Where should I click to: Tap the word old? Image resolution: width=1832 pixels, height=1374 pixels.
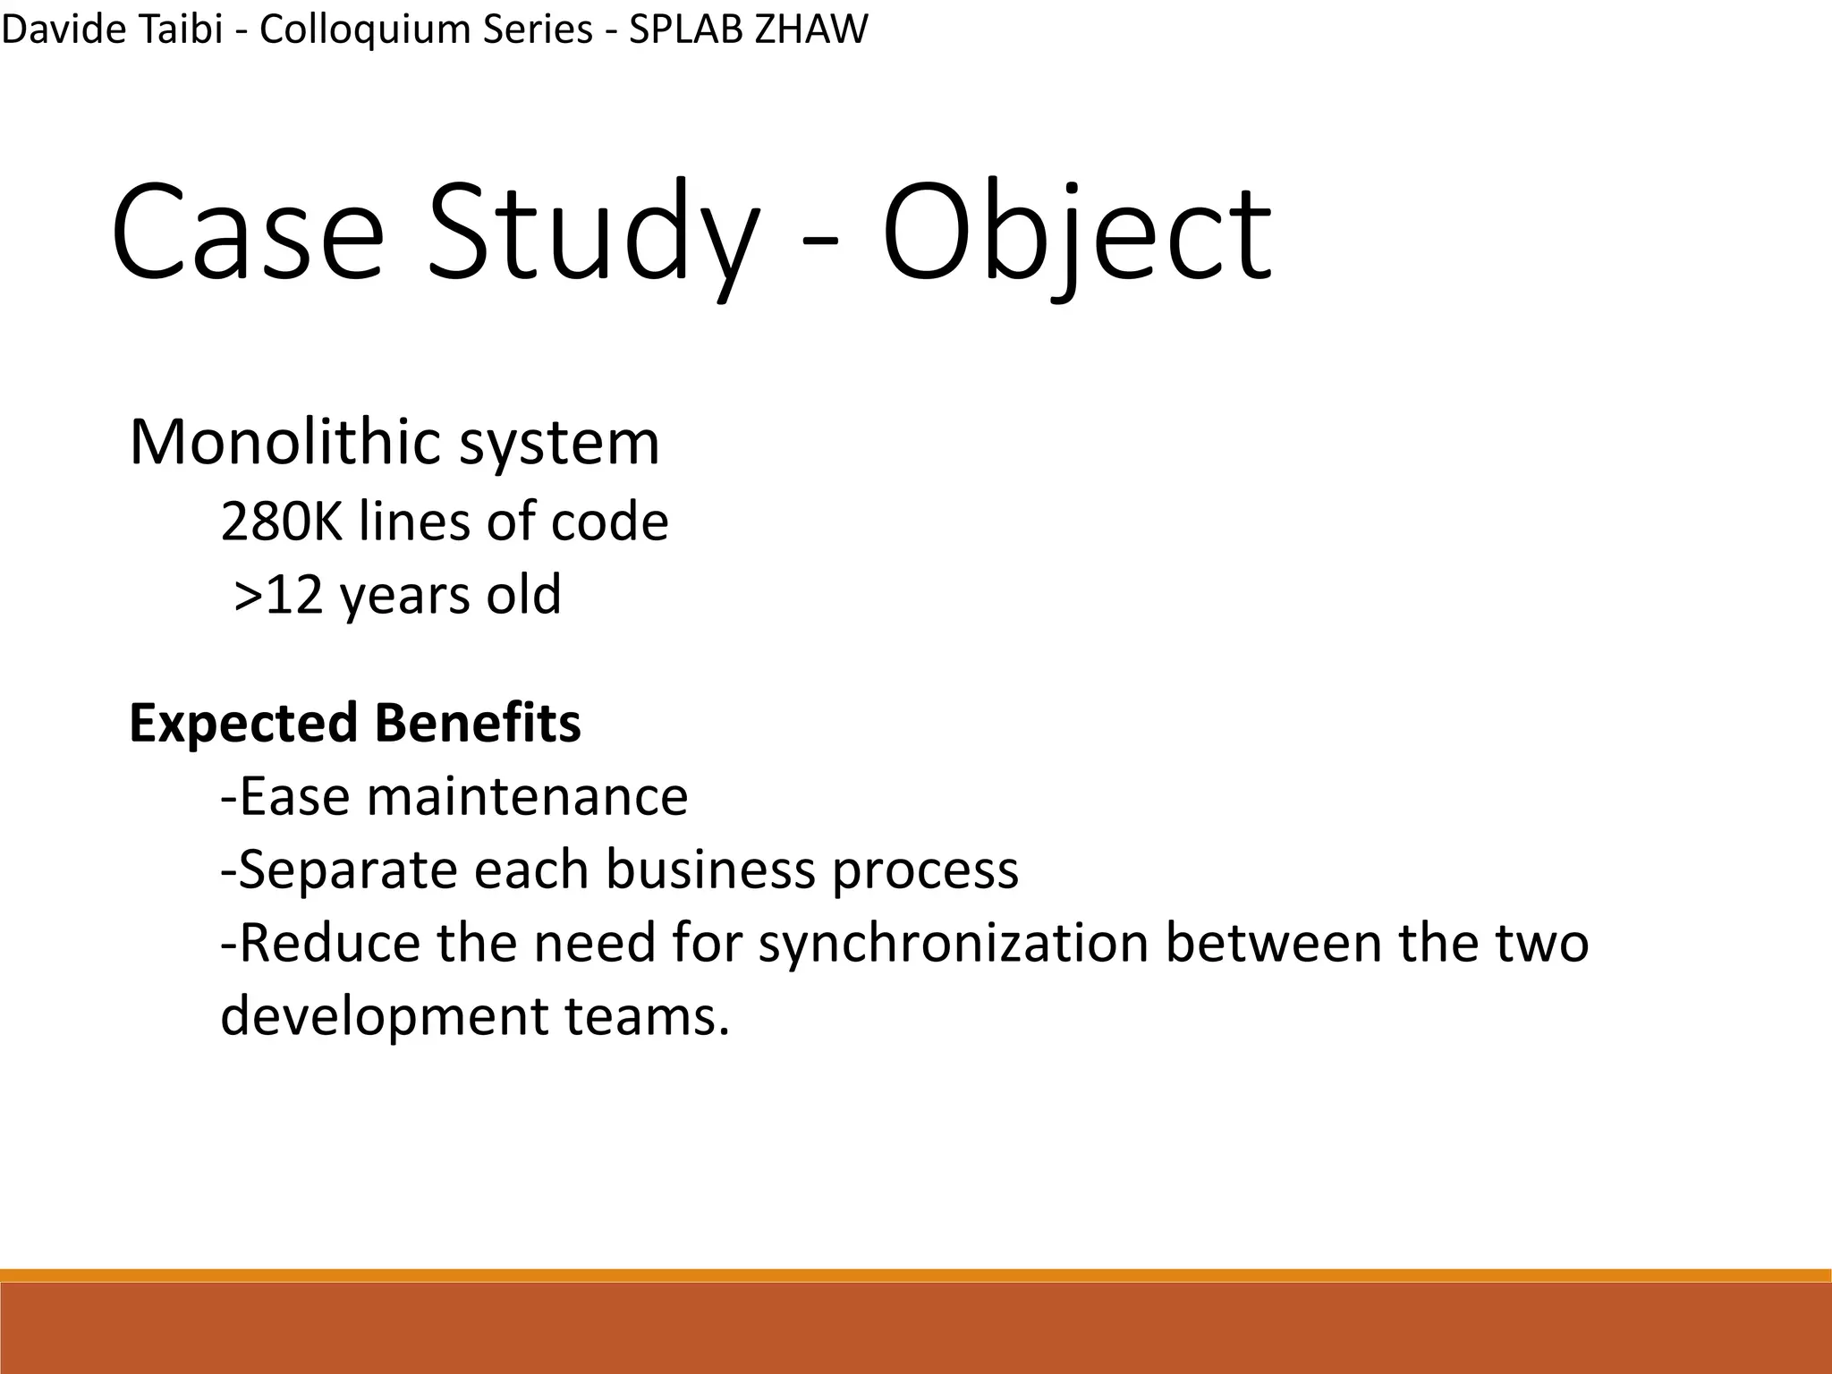pos(523,595)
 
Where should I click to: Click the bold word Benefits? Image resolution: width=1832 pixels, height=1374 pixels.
pos(478,723)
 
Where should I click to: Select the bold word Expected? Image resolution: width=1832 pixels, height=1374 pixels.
pos(243,723)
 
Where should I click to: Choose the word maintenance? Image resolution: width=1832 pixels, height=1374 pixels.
pos(527,796)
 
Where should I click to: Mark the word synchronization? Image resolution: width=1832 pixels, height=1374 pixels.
pos(954,943)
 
